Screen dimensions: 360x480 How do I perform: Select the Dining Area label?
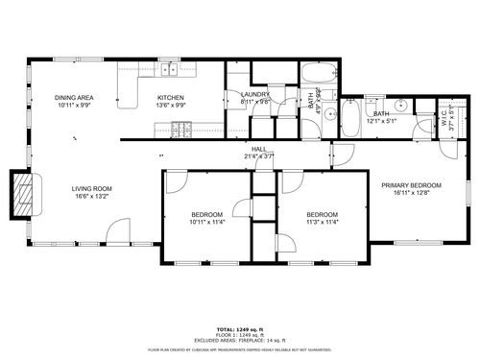click(74, 97)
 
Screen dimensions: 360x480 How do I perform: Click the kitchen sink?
click(169, 69)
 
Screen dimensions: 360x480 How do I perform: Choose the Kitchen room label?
click(170, 97)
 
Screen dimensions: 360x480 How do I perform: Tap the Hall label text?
click(259, 149)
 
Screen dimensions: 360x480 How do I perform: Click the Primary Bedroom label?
click(411, 185)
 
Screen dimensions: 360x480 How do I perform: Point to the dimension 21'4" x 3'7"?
click(259, 156)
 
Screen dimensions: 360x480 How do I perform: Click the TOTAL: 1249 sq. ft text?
click(239, 328)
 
